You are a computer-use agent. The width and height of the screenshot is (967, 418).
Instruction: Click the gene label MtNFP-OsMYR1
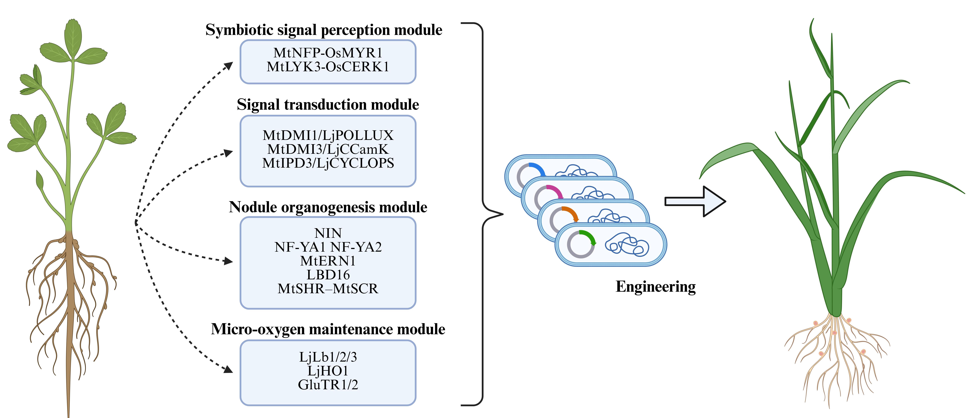coord(328,53)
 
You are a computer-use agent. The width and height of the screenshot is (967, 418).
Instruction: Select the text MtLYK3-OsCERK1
coord(328,67)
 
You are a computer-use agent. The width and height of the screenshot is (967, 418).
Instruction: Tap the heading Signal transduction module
coord(328,104)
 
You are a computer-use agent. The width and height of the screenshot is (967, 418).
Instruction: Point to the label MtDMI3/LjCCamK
coord(328,149)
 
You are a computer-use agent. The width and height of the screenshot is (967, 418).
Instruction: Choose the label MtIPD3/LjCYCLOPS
coord(328,163)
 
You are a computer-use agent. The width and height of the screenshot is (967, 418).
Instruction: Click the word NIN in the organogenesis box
coord(328,233)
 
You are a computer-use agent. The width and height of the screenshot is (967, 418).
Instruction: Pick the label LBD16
coord(328,275)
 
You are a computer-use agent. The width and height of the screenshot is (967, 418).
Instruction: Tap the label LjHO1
coord(328,371)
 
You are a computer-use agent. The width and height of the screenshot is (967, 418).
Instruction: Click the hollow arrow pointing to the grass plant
coord(694,201)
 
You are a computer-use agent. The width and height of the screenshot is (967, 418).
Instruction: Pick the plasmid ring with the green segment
coord(581,244)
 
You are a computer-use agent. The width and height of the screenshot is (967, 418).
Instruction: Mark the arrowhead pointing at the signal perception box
coord(228,66)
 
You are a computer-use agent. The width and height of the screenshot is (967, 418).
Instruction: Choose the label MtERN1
coord(328,261)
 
